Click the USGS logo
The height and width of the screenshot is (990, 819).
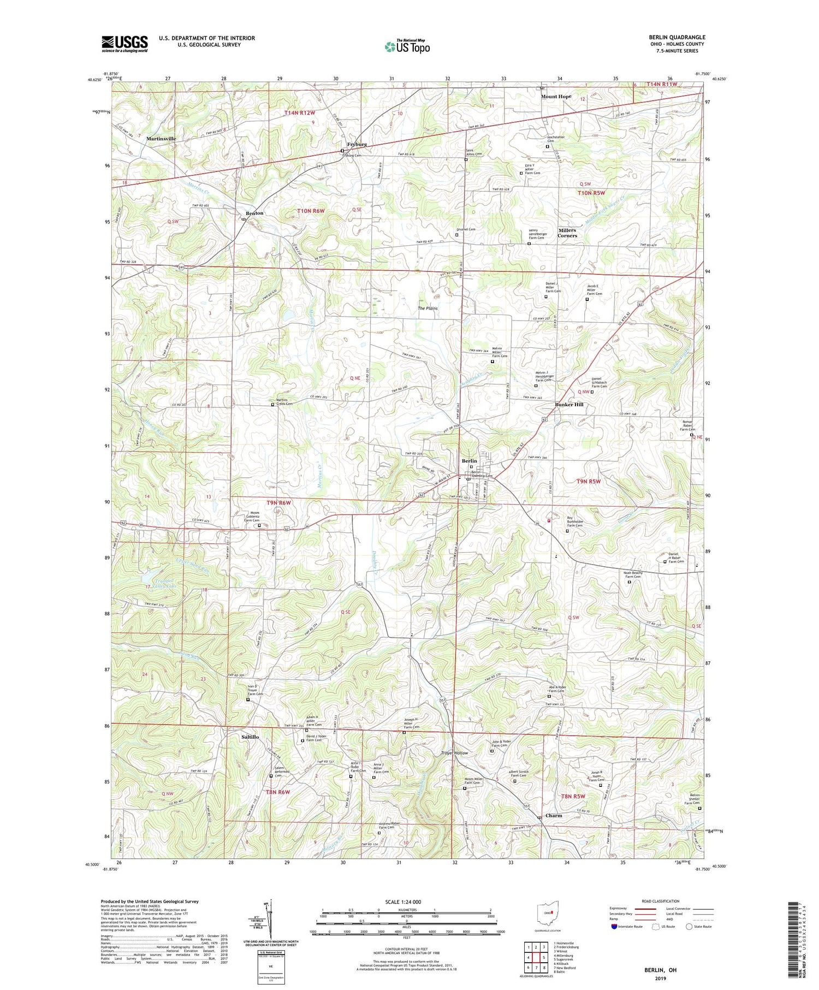pos(124,44)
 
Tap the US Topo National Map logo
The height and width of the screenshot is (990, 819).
pos(407,46)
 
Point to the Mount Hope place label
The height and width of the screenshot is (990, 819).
pos(556,97)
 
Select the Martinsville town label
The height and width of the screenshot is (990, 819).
pos(161,139)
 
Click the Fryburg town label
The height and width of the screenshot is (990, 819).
pos(357,144)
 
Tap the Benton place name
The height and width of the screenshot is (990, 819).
pos(254,213)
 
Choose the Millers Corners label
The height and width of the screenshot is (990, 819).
pos(567,233)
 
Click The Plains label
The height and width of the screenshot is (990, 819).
pos(428,309)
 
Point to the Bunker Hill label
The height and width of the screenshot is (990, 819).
pos(569,405)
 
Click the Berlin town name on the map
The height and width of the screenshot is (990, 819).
pos(469,461)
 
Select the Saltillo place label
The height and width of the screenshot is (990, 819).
pos(250,737)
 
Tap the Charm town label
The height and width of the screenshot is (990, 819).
pos(554,816)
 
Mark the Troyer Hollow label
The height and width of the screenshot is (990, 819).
pos(454,753)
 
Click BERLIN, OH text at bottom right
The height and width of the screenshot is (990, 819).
pos(660,970)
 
